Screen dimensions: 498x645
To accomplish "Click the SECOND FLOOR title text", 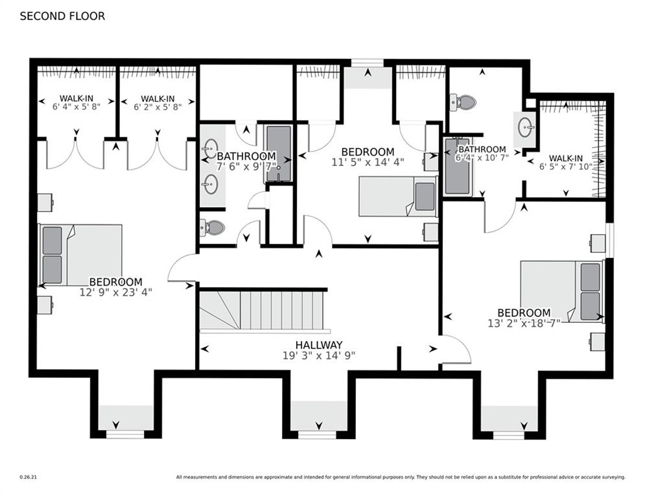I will click(x=62, y=16).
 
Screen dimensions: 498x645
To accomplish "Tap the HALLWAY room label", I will click(x=319, y=345).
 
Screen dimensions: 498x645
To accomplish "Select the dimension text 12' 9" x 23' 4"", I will click(x=115, y=292).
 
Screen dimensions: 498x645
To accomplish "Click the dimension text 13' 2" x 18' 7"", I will click(x=524, y=323).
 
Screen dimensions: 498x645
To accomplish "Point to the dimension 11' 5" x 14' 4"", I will click(x=368, y=163).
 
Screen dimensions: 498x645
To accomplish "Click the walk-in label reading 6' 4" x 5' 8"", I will click(x=76, y=107).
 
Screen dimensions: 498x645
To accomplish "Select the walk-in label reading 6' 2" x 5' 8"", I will click(x=158, y=107).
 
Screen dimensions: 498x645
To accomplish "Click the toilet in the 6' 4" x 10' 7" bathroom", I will click(x=463, y=102).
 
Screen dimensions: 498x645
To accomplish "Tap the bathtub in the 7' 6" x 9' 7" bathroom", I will click(x=279, y=154).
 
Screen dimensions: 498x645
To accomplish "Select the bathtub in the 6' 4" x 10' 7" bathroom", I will click(x=458, y=167).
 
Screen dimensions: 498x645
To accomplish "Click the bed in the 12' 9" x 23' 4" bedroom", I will click(x=81, y=255).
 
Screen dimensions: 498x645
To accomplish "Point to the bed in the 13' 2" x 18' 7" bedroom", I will click(x=561, y=291).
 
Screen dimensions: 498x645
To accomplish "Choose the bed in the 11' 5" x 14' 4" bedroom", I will click(x=398, y=196).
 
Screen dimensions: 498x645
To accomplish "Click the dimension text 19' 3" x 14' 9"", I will click(x=319, y=355).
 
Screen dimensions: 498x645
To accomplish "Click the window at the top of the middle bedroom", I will click(x=368, y=63).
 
